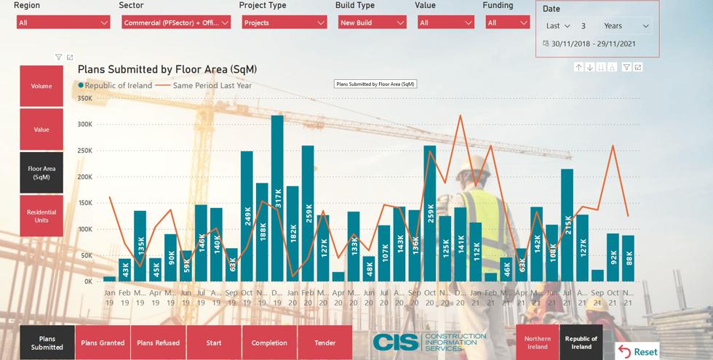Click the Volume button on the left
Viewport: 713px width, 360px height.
(41, 87)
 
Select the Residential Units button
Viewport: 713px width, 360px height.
(41, 216)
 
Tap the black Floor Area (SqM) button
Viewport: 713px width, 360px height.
(41, 172)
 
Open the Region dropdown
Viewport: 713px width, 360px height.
(63, 23)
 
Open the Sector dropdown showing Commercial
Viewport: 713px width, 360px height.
(176, 23)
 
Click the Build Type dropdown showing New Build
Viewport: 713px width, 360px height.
(372, 23)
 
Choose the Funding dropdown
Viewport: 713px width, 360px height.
(507, 23)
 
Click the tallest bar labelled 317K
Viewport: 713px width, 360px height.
(277, 199)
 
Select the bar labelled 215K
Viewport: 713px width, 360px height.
(567, 225)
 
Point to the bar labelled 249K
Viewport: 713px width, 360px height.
(247, 217)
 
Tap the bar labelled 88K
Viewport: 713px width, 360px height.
(628, 258)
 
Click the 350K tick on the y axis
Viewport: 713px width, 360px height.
(84, 98)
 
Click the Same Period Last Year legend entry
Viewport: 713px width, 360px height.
(212, 85)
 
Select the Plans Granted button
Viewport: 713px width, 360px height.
(103, 343)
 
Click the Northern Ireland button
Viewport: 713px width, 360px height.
(538, 343)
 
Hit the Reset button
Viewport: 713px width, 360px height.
(638, 352)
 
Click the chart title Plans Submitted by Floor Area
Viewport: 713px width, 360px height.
(167, 70)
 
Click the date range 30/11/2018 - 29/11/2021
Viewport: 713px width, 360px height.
(593, 44)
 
